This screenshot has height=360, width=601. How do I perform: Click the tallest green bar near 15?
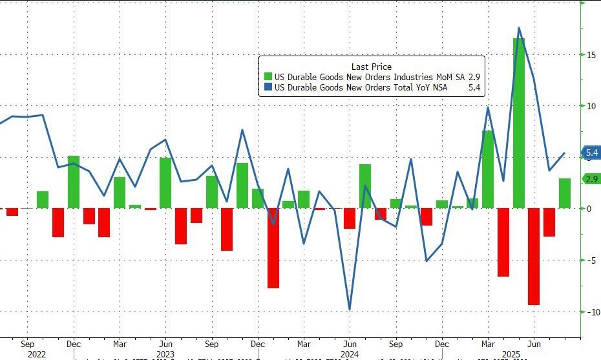[519, 123]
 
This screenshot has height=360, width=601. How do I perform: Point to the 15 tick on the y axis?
[591, 55]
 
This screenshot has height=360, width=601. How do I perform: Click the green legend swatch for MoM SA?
[268, 77]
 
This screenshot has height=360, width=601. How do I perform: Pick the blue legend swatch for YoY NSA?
[268, 88]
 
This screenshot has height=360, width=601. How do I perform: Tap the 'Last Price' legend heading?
[371, 67]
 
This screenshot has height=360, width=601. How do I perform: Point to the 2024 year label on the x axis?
[349, 354]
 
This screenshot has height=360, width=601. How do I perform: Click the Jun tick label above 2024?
[349, 344]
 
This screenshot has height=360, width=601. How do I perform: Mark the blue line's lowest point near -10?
[350, 310]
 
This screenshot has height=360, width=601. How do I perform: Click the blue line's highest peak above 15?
[519, 28]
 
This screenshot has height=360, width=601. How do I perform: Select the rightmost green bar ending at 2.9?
[565, 193]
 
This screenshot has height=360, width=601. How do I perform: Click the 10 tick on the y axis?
[591, 106]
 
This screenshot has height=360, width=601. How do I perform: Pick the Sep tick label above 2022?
[26, 344]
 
